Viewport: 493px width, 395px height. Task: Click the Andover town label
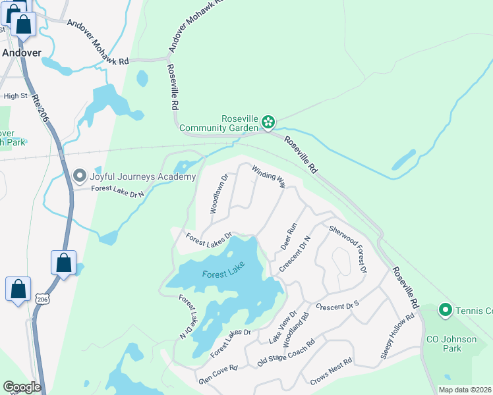pyautogui.click(x=22, y=52)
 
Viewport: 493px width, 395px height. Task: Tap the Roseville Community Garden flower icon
pyautogui.click(x=268, y=121)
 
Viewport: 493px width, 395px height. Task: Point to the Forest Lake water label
pyautogui.click(x=223, y=275)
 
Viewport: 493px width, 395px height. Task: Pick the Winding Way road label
pyautogui.click(x=268, y=176)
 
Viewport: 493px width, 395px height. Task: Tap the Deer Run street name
pyautogui.click(x=289, y=235)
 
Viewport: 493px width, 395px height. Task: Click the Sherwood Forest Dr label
pyautogui.click(x=347, y=249)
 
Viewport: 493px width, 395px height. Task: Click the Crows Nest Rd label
pyautogui.click(x=331, y=373)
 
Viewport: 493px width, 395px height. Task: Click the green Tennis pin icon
pyautogui.click(x=445, y=309)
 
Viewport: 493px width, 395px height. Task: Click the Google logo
pyautogui.click(x=22, y=387)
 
